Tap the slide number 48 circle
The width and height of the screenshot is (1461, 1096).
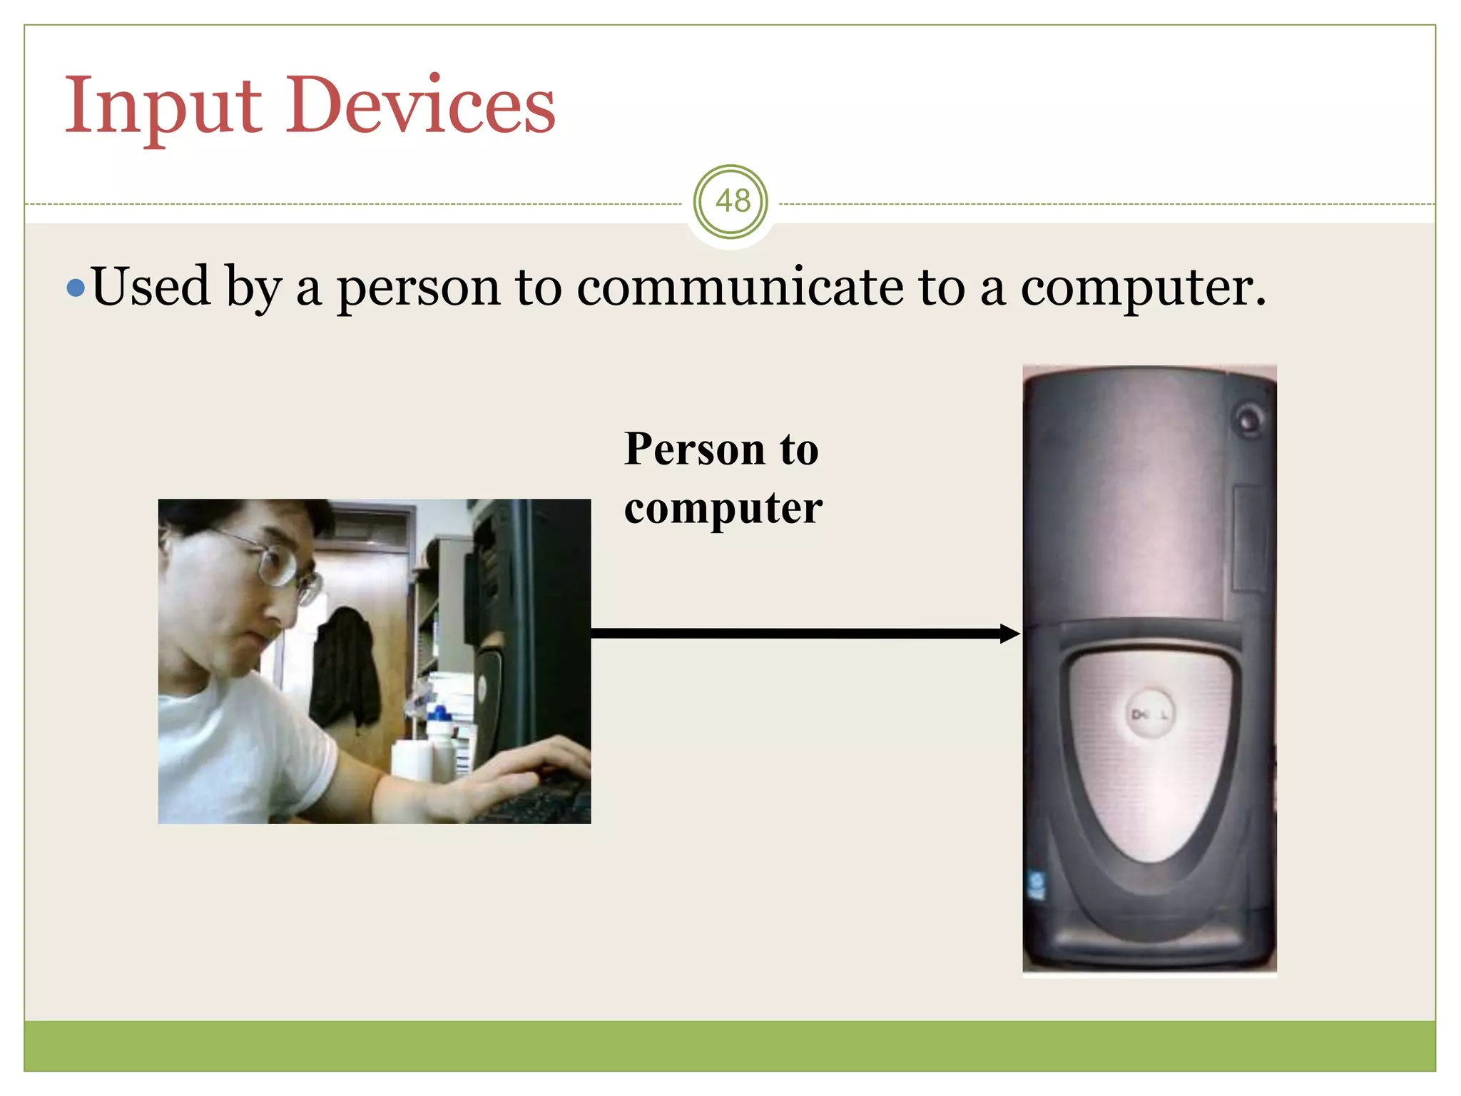click(x=731, y=202)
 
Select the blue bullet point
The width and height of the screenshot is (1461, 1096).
click(x=75, y=288)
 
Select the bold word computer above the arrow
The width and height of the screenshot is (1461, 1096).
click(x=723, y=509)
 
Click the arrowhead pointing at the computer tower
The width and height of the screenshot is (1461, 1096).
click(x=1009, y=634)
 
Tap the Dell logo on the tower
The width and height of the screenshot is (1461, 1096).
click(x=1149, y=714)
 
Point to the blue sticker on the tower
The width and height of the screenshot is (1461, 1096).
click(x=1036, y=885)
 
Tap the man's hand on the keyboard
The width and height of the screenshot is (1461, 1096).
click(x=528, y=767)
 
